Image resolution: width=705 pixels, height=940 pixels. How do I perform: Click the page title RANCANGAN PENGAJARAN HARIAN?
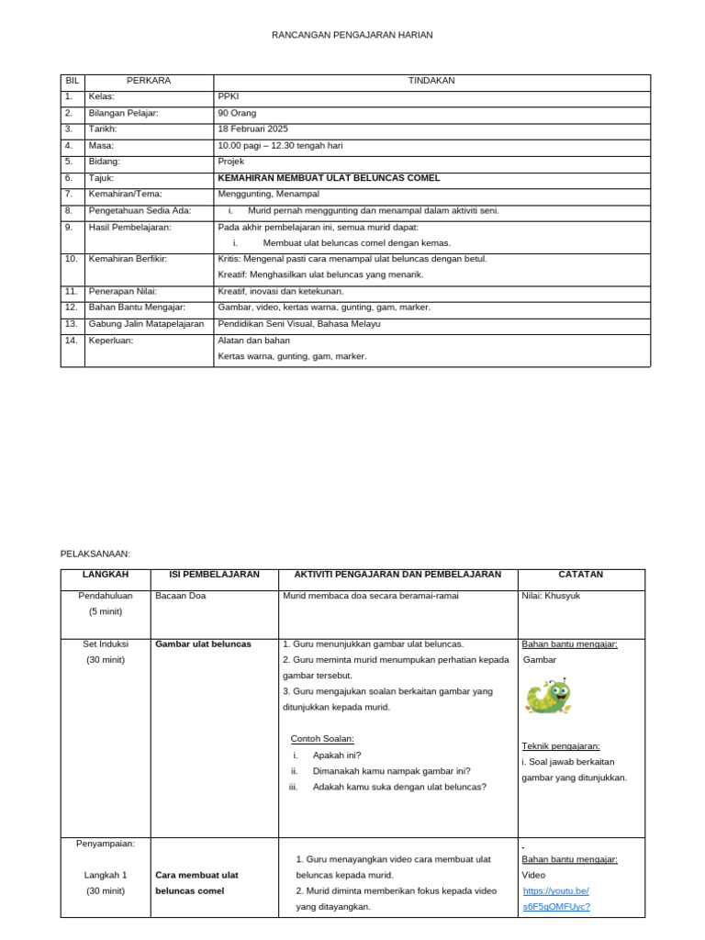[352, 35]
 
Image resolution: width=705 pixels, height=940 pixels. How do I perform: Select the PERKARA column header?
[149, 81]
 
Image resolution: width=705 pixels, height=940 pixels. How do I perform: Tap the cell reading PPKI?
[228, 96]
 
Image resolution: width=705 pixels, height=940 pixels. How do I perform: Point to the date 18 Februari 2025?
[252, 129]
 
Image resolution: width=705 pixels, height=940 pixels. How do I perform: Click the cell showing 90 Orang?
[237, 113]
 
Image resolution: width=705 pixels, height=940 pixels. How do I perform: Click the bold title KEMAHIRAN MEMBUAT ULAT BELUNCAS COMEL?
[329, 178]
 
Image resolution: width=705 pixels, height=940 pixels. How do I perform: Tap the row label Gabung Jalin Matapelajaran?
[146, 324]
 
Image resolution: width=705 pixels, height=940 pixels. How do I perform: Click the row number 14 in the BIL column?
[71, 340]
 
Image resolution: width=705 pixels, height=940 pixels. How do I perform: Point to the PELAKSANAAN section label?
[95, 554]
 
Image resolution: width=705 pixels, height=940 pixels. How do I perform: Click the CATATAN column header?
[580, 575]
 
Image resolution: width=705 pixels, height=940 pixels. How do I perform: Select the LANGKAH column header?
[106, 575]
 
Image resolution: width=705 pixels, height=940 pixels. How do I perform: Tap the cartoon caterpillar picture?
[548, 697]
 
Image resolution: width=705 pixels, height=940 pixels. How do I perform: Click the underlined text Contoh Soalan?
[322, 739]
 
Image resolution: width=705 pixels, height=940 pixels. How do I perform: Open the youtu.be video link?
[556, 899]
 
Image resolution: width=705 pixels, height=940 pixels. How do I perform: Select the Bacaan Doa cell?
[181, 596]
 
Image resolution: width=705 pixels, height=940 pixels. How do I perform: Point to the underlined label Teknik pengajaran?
[561, 746]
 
